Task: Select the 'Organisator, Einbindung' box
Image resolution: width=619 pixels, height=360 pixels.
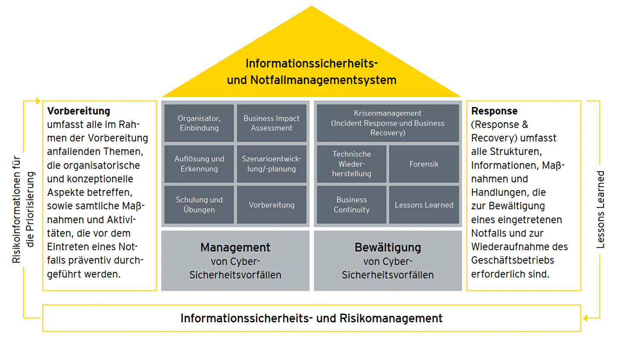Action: (x=199, y=123)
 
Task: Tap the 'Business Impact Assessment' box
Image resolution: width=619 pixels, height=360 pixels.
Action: (x=271, y=123)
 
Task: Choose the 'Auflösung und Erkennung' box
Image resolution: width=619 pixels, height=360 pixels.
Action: (x=199, y=164)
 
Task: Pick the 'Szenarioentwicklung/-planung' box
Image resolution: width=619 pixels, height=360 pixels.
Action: (x=271, y=164)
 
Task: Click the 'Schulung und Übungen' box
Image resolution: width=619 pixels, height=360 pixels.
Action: (x=199, y=204)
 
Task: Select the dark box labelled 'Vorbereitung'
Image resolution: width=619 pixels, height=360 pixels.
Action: (x=271, y=204)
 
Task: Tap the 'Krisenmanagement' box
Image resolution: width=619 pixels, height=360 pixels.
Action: (x=387, y=123)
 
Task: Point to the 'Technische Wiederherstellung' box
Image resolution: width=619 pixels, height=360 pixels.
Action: (x=351, y=164)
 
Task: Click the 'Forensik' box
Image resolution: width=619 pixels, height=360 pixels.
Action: (x=424, y=164)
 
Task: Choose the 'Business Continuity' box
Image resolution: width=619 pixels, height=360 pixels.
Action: (x=351, y=204)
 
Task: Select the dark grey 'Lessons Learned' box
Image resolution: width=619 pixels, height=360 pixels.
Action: (x=424, y=204)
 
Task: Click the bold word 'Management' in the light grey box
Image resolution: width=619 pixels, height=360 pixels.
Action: (x=235, y=247)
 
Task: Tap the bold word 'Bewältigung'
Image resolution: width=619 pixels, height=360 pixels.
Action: (x=387, y=247)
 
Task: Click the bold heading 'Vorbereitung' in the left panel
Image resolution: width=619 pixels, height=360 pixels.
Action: (x=79, y=111)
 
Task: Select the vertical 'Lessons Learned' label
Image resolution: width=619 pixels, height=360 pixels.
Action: (x=601, y=210)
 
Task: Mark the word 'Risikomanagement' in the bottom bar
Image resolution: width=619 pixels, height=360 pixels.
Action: (x=391, y=318)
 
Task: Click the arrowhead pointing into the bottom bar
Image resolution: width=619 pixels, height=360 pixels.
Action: (x=585, y=318)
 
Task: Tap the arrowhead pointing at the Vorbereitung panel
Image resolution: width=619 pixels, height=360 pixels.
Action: (x=38, y=101)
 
